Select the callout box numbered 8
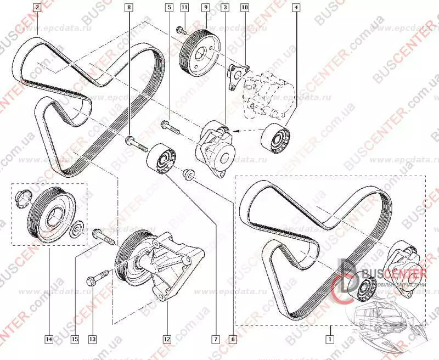click(x=128, y=8)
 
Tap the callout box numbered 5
click(x=168, y=8)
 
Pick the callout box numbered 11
click(x=184, y=8)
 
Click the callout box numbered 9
click(x=205, y=8)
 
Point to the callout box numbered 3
click(x=225, y=8)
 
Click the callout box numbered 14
click(x=49, y=340)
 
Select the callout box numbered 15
click(x=74, y=340)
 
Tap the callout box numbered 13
click(x=92, y=340)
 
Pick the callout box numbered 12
click(x=166, y=340)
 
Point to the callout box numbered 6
click(x=234, y=340)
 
